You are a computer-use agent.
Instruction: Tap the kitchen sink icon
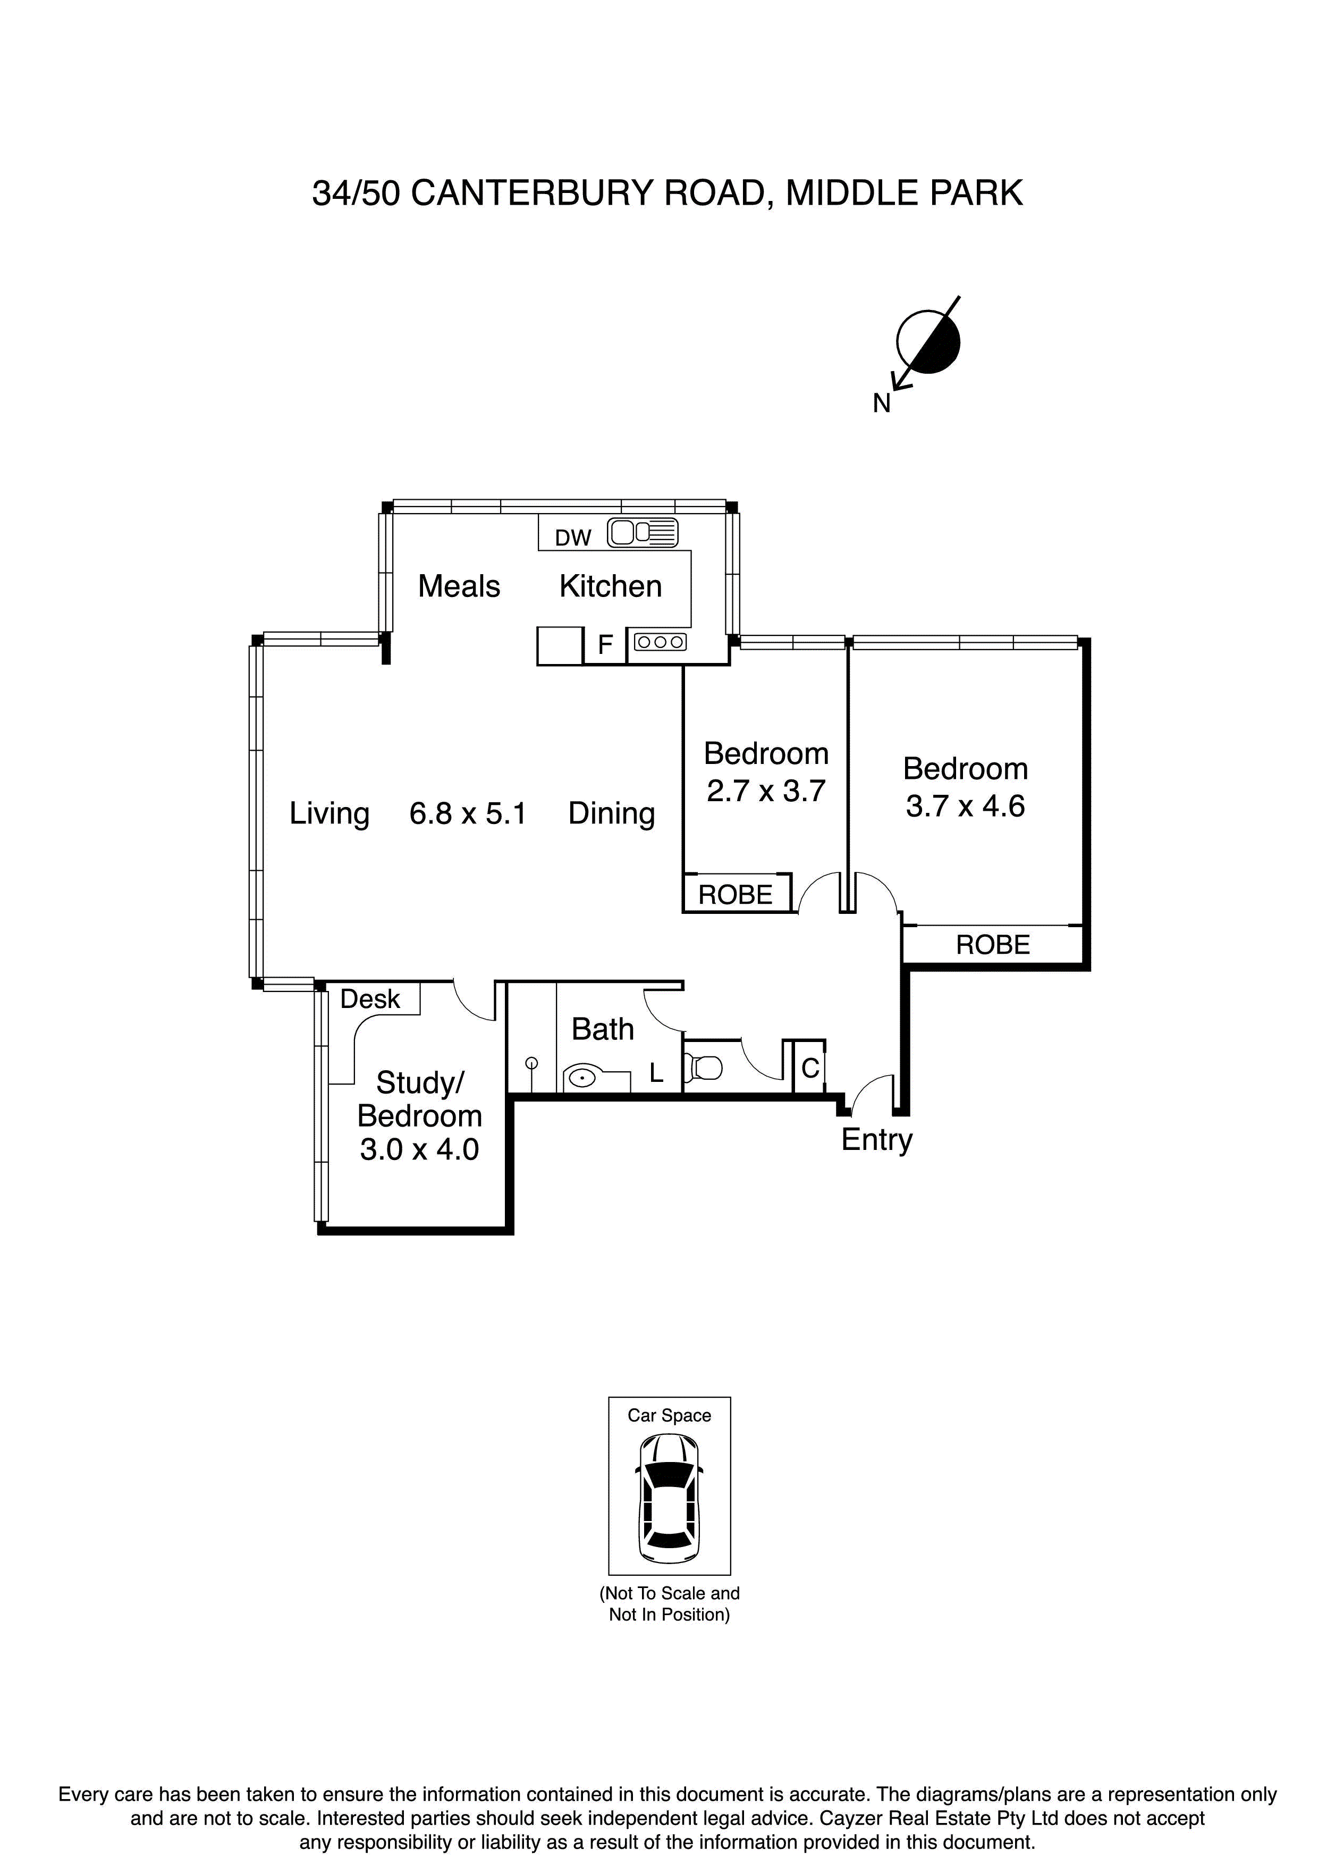[643, 533]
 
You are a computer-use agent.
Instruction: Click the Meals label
[459, 586]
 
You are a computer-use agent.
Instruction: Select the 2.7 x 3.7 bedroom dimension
[766, 791]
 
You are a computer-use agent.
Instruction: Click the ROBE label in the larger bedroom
[992, 945]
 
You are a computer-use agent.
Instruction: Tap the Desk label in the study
[370, 999]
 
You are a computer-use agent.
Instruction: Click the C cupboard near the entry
[809, 1068]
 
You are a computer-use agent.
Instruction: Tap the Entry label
[876, 1140]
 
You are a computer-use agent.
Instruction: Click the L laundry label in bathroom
[656, 1074]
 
